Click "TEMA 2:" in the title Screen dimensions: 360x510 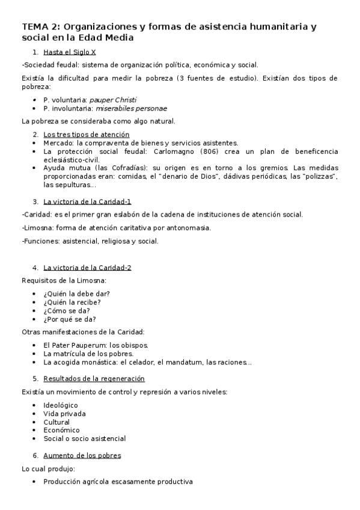40,26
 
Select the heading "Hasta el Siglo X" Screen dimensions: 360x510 70,52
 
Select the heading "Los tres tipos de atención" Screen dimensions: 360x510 86,135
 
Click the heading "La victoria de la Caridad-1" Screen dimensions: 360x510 87,201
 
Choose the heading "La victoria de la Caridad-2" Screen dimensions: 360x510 87,268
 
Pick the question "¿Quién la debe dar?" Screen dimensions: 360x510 76,293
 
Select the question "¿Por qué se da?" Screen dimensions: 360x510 70,319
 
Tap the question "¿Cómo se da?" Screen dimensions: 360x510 67,310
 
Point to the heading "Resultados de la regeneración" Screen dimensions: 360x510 94,378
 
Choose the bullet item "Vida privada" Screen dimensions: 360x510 64,414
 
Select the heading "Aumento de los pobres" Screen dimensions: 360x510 82,455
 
